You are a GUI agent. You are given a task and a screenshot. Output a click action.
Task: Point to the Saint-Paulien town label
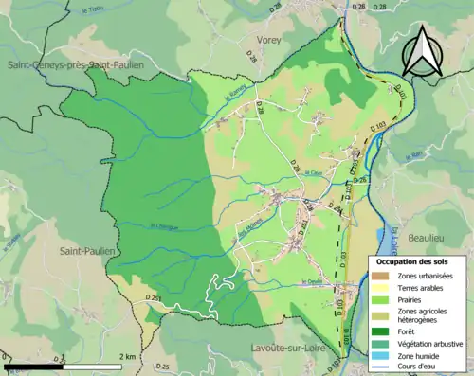click(88, 252)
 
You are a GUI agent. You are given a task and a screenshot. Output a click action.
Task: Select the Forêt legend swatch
click(378, 331)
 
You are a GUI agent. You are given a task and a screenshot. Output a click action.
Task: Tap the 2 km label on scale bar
click(125, 356)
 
